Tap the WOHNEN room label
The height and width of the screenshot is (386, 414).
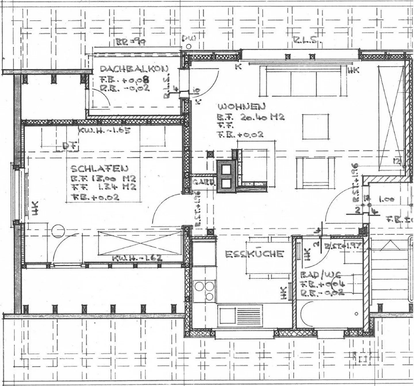click(x=241, y=107)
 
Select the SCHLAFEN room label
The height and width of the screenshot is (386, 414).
click(x=99, y=168)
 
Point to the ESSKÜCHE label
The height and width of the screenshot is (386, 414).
click(x=254, y=254)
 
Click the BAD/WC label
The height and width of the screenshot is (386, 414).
click(x=321, y=275)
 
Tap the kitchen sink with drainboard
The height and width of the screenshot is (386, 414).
click(x=241, y=315)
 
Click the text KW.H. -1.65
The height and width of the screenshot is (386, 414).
click(x=105, y=131)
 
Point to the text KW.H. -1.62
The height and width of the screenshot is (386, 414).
click(x=137, y=258)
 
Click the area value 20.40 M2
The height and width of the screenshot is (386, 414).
click(x=262, y=117)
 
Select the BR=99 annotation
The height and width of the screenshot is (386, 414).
click(x=130, y=42)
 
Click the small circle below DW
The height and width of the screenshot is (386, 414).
click(x=189, y=46)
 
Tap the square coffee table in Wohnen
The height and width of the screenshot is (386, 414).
click(x=315, y=127)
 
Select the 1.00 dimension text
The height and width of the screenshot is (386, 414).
click(x=386, y=199)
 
